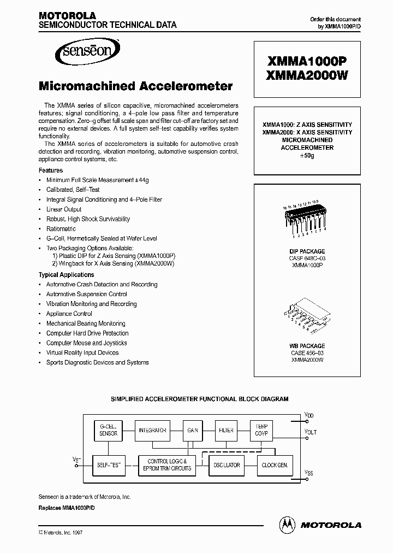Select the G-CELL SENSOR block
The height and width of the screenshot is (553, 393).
click(108, 430)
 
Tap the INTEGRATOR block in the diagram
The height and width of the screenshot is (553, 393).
click(152, 430)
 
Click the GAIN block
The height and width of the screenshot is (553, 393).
click(192, 430)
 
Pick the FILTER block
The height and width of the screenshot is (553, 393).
click(226, 430)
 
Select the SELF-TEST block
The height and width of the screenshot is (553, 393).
click(108, 465)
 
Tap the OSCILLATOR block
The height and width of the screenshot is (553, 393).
click(225, 465)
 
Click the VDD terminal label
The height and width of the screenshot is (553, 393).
click(309, 416)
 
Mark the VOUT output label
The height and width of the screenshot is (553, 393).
click(310, 432)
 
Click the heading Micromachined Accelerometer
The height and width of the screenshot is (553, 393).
click(135, 86)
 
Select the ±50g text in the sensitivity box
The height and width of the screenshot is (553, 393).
click(307, 156)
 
